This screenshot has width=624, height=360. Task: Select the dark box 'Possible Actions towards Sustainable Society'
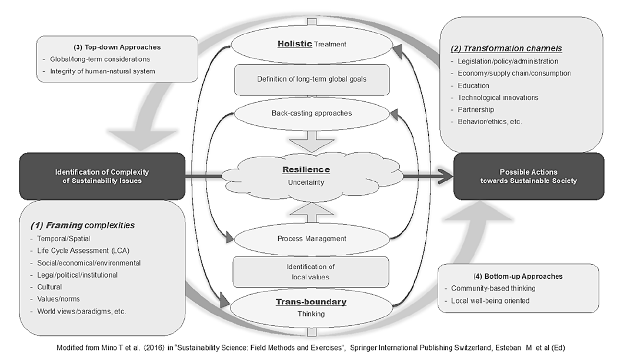[529, 176]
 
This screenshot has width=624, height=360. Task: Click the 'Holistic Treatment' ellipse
[312, 44]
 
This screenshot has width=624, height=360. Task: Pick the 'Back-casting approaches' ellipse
[312, 112]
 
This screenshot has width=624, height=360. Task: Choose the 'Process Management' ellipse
[312, 239]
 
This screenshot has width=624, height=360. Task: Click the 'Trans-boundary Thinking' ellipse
[312, 307]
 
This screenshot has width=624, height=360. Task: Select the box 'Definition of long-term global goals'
[312, 79]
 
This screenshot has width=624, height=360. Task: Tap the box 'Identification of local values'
[312, 271]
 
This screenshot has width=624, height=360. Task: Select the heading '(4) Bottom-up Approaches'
[509, 276]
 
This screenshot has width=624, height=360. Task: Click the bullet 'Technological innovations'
[498, 98]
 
